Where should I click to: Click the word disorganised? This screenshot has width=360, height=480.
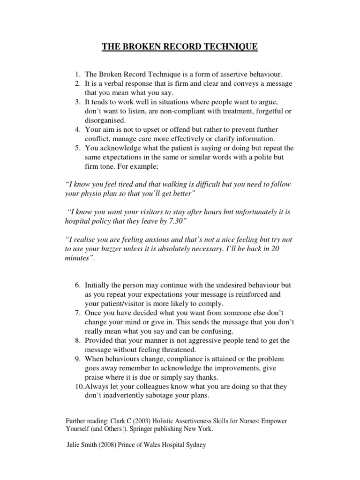click(x=104, y=120)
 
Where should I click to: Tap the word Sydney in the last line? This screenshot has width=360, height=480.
click(x=194, y=446)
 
